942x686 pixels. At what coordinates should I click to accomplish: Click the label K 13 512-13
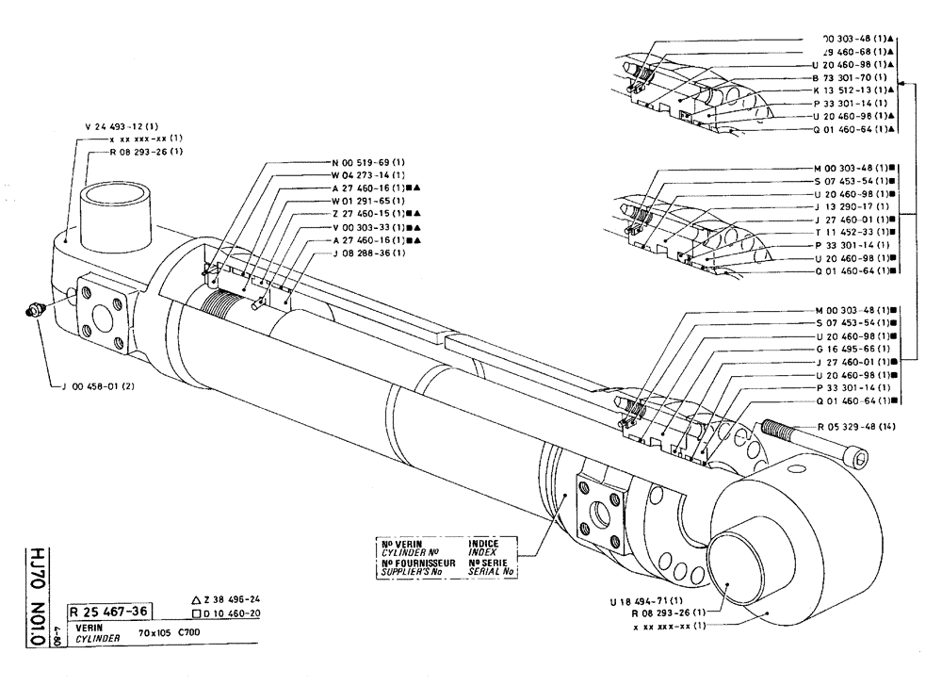[846, 90]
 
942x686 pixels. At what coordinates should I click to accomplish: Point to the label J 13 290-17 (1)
[846, 206]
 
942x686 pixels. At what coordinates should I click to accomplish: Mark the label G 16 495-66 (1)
[846, 349]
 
